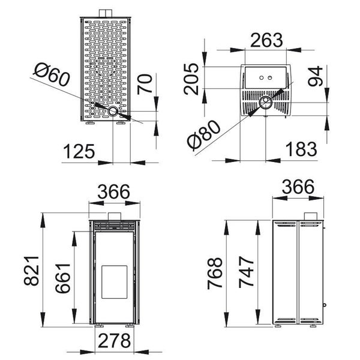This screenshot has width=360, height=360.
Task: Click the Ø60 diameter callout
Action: pos(52,75)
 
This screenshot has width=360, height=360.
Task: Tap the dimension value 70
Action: pos(145,84)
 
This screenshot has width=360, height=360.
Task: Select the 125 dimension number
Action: pos(79,152)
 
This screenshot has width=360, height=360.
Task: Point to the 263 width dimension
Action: pos(266,40)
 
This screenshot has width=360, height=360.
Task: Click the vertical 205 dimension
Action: pos(191,79)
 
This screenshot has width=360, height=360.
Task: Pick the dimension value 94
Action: pos(316,76)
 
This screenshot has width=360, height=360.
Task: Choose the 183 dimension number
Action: pos(301,149)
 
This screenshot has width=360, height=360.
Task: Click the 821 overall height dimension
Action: pos(31,271)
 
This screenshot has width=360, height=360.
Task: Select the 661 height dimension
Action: pos(62,278)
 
